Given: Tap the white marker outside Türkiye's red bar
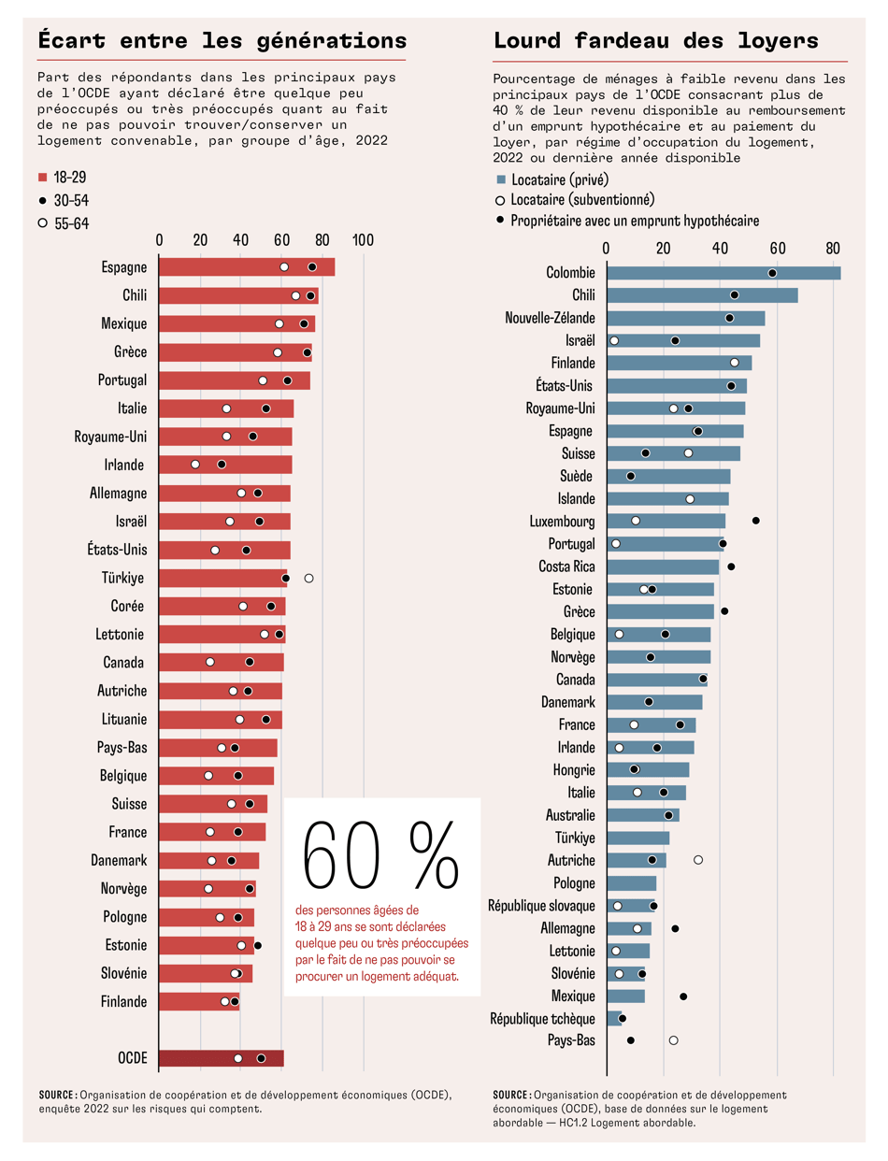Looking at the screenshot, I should coord(308,579).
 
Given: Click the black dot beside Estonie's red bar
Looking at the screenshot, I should coord(258,946).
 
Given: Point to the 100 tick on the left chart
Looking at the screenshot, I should coord(363,239).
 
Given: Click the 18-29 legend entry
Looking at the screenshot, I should coord(63,178).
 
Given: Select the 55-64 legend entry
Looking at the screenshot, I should coord(63,222).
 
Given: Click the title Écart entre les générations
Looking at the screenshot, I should coord(222,41).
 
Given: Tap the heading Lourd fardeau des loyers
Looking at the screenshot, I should coord(655,41).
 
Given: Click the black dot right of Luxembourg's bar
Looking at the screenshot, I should coord(756,521).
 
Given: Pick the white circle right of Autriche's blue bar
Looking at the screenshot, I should coord(698,859).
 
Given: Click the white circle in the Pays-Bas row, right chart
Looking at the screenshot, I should coord(673,1040).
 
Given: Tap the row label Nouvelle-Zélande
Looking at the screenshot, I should coord(550,318).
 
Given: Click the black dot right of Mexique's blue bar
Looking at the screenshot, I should coord(683,996).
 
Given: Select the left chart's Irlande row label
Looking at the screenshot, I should coord(124,465).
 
